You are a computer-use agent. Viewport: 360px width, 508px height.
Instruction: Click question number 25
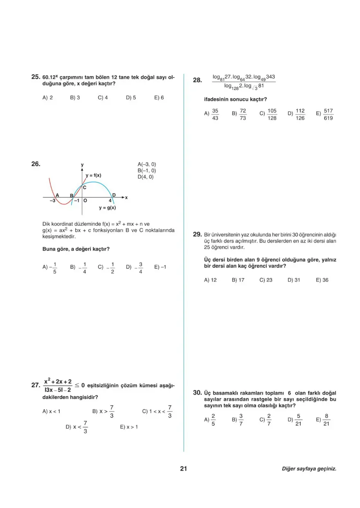(36, 76)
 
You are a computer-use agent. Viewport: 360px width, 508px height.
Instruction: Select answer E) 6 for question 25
(159, 98)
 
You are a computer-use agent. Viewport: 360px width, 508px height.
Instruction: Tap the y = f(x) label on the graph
(93, 175)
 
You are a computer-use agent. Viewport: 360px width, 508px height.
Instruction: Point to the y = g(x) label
(108, 208)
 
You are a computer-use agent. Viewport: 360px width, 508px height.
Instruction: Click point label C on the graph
(84, 187)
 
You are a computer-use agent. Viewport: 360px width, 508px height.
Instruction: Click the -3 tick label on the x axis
(52, 201)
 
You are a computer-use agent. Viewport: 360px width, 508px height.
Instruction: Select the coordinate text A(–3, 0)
(147, 164)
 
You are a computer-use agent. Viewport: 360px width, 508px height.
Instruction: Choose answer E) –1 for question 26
(160, 267)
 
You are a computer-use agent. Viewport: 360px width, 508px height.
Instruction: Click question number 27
(35, 385)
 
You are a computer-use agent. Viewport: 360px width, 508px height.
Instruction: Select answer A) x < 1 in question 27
(52, 411)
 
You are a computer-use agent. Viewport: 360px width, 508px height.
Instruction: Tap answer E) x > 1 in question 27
(129, 427)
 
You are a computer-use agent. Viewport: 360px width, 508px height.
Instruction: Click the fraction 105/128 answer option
(268, 114)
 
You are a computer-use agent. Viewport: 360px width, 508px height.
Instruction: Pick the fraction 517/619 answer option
(325, 114)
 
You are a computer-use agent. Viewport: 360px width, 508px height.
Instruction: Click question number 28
(197, 81)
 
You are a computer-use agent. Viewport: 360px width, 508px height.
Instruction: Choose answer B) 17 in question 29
(238, 280)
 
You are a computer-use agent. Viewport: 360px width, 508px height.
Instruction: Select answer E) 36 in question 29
(322, 280)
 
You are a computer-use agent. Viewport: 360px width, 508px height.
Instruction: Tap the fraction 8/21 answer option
(323, 420)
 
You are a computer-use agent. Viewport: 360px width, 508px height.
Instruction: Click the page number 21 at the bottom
(183, 469)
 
